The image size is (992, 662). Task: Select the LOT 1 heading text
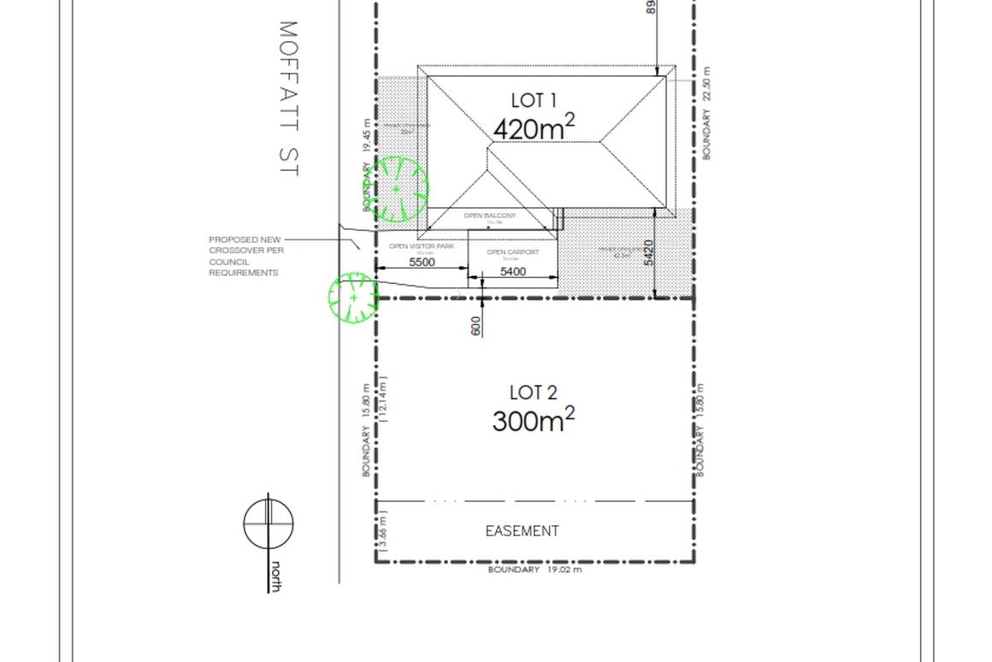[534, 101]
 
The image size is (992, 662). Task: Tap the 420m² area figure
[534, 128]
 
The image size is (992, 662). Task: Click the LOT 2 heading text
[533, 393]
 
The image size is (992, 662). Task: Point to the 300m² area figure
[533, 420]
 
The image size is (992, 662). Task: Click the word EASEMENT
[522, 531]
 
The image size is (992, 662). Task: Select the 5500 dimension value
[422, 263]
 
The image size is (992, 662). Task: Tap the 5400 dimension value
[512, 271]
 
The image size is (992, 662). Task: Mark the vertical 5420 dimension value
[648, 252]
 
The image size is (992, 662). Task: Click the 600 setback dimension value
[476, 326]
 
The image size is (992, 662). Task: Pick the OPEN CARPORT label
[512, 252]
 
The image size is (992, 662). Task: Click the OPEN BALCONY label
[490, 216]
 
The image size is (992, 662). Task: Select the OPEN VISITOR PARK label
[422, 246]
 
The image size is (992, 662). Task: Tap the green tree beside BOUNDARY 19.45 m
[397, 189]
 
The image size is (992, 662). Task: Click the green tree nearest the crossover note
[353, 298]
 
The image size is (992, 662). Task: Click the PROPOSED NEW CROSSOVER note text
[246, 256]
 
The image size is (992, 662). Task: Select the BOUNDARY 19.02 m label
[534, 570]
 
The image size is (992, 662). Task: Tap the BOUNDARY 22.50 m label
[706, 113]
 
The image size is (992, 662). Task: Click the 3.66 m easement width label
[382, 531]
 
